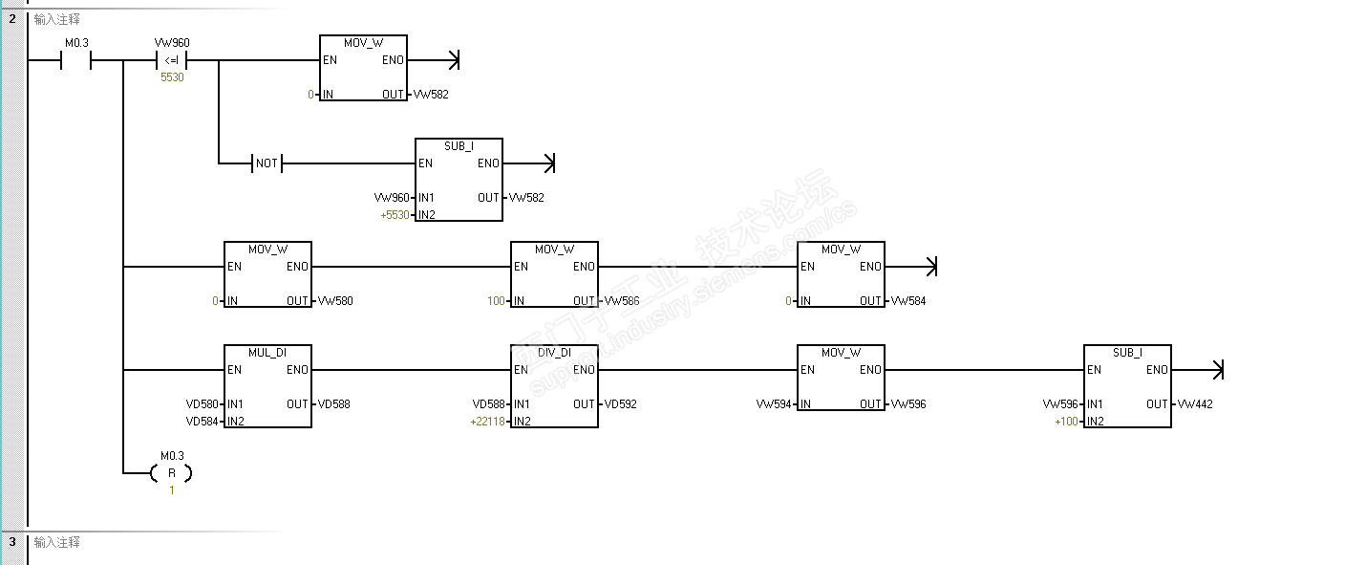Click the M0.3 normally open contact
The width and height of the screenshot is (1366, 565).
(75, 61)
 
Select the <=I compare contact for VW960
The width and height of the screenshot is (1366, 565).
(172, 61)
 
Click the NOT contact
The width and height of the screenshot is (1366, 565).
(267, 163)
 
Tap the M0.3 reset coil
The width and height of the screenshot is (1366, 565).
(172, 472)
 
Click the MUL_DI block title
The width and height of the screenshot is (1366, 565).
(267, 352)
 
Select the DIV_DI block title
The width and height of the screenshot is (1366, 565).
(554, 352)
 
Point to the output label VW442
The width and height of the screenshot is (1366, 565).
(1195, 404)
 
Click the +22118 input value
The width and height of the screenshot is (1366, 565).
(488, 422)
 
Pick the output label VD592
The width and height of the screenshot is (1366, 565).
(620, 404)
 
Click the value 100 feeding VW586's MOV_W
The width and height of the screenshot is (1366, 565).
(496, 301)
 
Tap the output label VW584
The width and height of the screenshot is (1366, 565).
(907, 301)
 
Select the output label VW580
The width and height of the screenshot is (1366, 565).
(334, 301)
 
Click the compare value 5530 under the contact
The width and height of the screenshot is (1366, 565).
(172, 78)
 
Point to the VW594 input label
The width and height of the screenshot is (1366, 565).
(774, 404)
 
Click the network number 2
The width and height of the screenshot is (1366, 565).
(12, 18)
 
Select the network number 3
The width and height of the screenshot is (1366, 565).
(12, 542)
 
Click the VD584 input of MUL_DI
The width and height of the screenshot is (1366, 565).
(203, 422)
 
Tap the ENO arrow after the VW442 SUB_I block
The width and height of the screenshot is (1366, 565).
(1217, 370)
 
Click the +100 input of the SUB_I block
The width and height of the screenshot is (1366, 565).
(1066, 422)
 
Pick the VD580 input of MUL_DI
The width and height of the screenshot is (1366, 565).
(203, 404)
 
